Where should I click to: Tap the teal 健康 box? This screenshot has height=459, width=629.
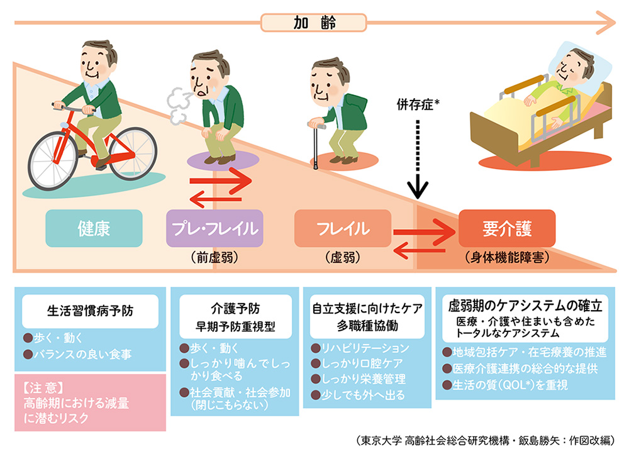94,228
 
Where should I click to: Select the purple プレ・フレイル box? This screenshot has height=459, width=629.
214,228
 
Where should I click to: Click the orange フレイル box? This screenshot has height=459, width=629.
343,228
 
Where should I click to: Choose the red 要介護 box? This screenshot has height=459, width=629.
506,228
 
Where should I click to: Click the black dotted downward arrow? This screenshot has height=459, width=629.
417,157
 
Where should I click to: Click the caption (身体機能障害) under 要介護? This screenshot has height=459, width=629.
507,257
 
